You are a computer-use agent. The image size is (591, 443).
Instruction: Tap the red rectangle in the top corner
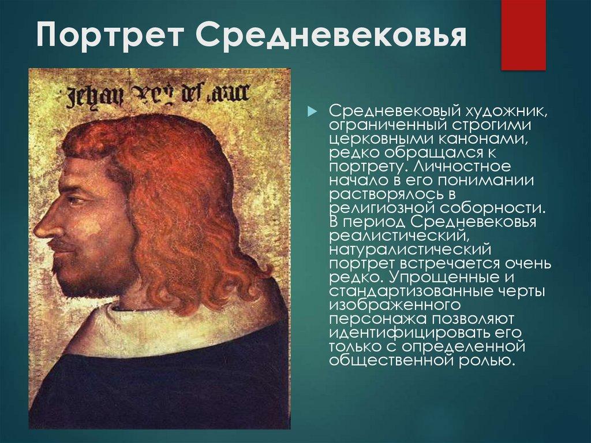[x=523, y=35]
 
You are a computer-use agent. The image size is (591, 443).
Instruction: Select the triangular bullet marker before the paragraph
[x=312, y=110]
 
